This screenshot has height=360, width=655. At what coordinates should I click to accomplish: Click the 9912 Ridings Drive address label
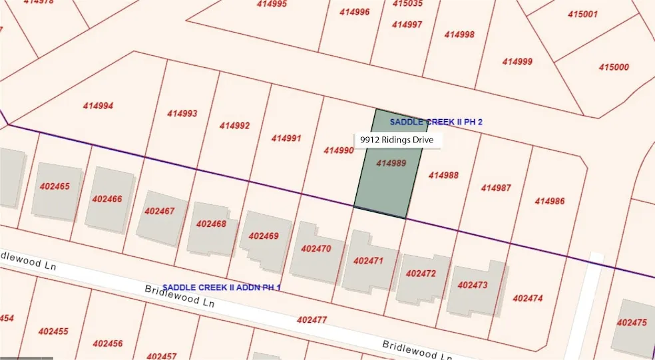(x=396, y=140)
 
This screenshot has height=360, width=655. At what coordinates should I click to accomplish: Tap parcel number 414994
(x=98, y=106)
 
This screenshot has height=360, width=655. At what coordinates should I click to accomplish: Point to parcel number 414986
(x=549, y=201)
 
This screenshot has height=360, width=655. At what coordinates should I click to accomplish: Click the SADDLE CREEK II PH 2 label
(x=435, y=122)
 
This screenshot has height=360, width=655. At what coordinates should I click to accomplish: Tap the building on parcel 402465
(x=55, y=190)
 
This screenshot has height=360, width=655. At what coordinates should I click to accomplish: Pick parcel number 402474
(x=527, y=298)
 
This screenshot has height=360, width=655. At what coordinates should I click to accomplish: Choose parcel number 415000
(x=614, y=67)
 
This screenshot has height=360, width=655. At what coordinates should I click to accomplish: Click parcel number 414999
(x=517, y=62)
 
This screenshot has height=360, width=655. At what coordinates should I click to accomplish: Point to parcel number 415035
(x=407, y=3)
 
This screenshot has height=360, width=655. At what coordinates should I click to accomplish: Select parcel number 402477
(x=312, y=320)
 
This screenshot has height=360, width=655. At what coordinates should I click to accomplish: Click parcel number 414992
(x=234, y=126)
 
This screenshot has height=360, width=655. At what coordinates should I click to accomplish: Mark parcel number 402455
(x=53, y=331)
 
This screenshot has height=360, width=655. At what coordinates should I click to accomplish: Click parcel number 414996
(x=354, y=12)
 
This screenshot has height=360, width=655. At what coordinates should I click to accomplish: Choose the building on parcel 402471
(x=368, y=261)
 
